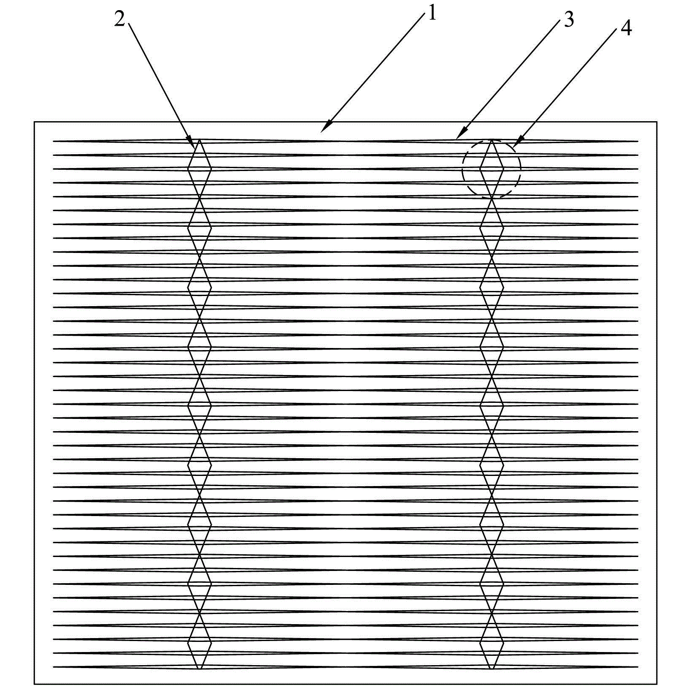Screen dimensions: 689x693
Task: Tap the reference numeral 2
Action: point(120,19)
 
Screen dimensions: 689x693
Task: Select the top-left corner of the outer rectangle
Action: point(34,122)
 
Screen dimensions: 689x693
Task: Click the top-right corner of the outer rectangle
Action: point(657,122)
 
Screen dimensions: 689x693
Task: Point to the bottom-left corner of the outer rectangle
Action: point(34,684)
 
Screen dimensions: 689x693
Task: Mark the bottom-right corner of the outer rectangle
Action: point(657,684)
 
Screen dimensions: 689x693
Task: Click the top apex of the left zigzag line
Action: point(199,140)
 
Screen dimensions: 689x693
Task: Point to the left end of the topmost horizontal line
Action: point(53,141)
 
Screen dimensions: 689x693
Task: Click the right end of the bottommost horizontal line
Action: point(638,667)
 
